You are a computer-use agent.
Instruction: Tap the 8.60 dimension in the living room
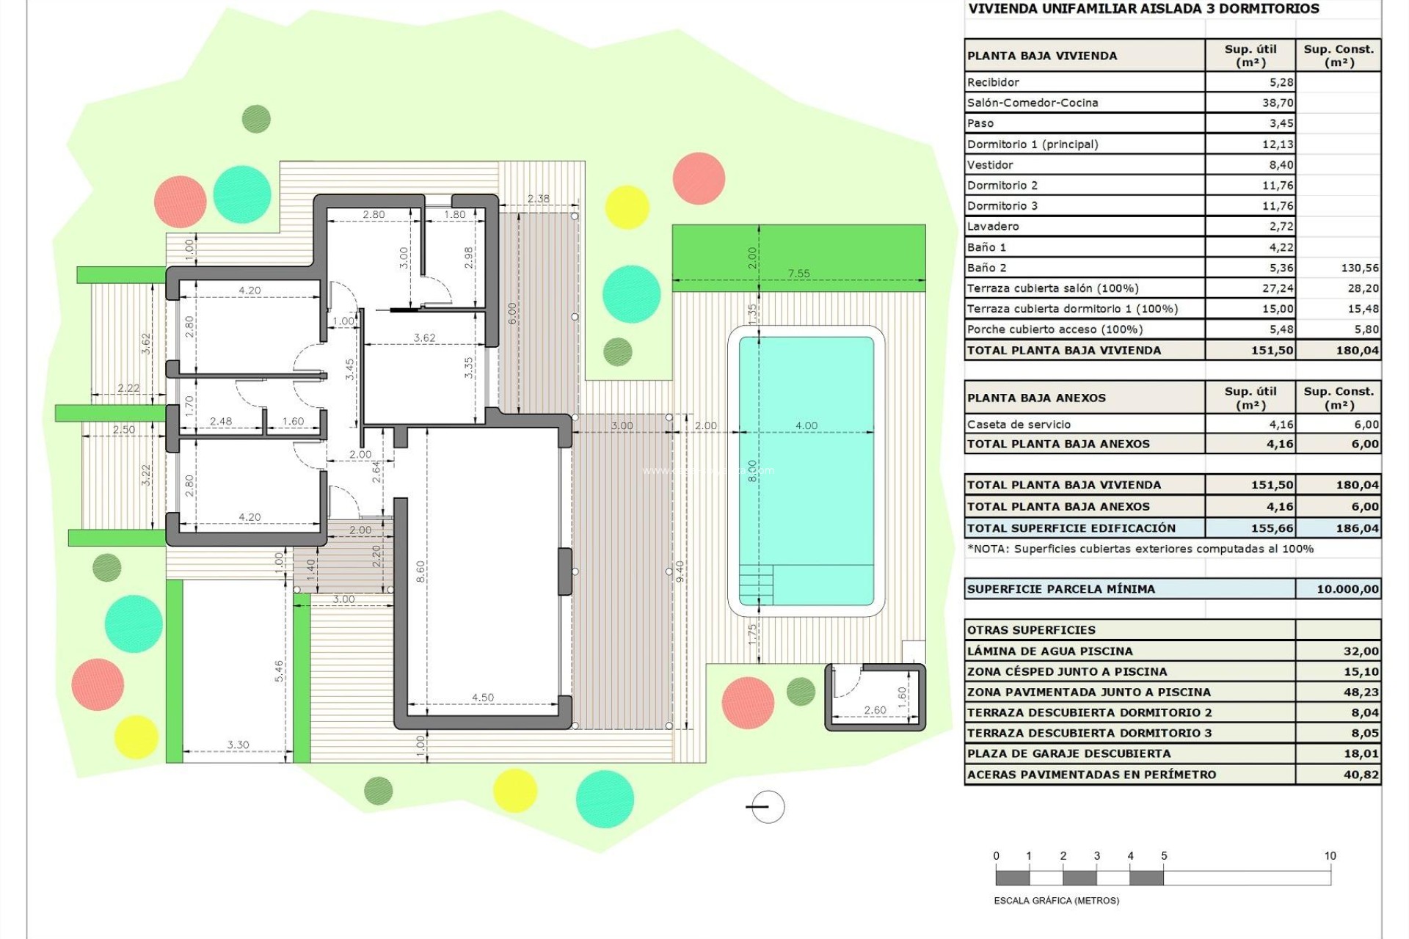pyautogui.click(x=420, y=571)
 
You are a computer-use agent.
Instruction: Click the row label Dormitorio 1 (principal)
pyautogui.click(x=1033, y=144)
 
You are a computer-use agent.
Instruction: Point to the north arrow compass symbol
pyautogui.click(x=768, y=807)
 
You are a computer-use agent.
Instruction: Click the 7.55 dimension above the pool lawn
pyautogui.click(x=798, y=274)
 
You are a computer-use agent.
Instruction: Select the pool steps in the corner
pyautogui.click(x=756, y=584)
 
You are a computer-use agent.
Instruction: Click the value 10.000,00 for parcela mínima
pyautogui.click(x=1347, y=589)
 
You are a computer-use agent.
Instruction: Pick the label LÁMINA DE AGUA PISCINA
pyautogui.click(x=1049, y=651)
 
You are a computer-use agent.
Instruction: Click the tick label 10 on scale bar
pyautogui.click(x=1330, y=856)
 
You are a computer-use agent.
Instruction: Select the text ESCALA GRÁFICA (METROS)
pyautogui.click(x=1056, y=901)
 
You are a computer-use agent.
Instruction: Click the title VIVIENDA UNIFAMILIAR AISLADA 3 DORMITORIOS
pyautogui.click(x=1143, y=9)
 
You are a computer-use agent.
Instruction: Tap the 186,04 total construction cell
pyautogui.click(x=1358, y=528)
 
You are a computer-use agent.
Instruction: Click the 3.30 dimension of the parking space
pyautogui.click(x=238, y=745)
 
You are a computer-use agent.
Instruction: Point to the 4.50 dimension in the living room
pyautogui.click(x=482, y=698)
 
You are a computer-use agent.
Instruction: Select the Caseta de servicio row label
pyautogui.click(x=1019, y=424)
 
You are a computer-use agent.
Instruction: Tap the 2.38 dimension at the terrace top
pyautogui.click(x=538, y=199)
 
